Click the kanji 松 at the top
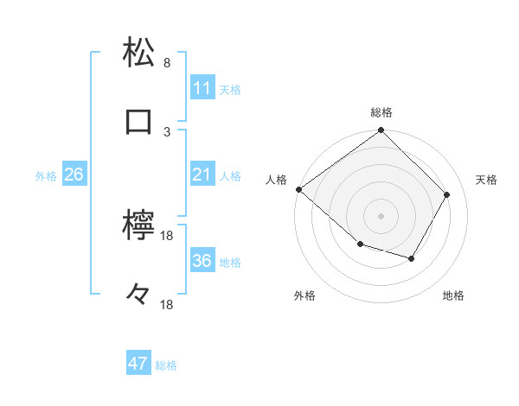(139, 53)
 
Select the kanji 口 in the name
(139, 121)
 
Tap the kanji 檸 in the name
(139, 225)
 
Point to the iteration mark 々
(139, 295)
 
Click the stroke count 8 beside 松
(167, 63)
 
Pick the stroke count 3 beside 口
(167, 131)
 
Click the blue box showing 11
(202, 88)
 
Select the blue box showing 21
(202, 174)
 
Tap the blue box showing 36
(202, 261)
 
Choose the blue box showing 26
(74, 174)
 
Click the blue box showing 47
(138, 364)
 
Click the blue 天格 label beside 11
(230, 89)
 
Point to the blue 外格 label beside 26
(46, 175)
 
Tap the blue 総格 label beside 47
(166, 365)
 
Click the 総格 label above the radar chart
(381, 112)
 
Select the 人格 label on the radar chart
(277, 180)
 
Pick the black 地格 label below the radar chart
(453, 296)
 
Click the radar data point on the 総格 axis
(381, 131)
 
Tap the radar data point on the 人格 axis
(299, 189)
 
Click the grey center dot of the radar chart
(381, 215)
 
